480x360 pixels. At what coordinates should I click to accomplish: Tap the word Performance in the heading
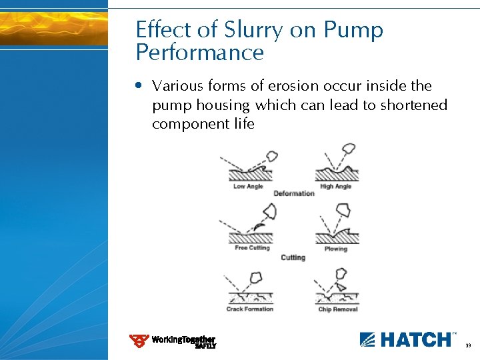click(199, 53)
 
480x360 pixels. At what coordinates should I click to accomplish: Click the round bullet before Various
click(138, 86)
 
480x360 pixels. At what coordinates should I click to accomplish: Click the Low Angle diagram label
click(248, 187)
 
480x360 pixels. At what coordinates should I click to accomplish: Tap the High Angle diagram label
click(335, 187)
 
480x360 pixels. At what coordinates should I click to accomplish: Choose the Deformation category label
click(293, 193)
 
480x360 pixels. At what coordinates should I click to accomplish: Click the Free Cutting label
click(252, 248)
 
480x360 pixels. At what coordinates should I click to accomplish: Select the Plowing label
click(335, 249)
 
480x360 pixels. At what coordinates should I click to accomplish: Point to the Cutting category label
click(293, 257)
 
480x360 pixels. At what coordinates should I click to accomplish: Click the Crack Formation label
click(249, 309)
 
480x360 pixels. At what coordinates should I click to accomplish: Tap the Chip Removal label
click(337, 309)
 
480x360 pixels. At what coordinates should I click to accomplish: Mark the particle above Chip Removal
click(341, 273)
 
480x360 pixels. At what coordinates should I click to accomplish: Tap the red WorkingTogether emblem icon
click(139, 341)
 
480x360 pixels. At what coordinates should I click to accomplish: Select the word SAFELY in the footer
click(205, 346)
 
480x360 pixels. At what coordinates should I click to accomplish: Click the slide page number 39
click(468, 345)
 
